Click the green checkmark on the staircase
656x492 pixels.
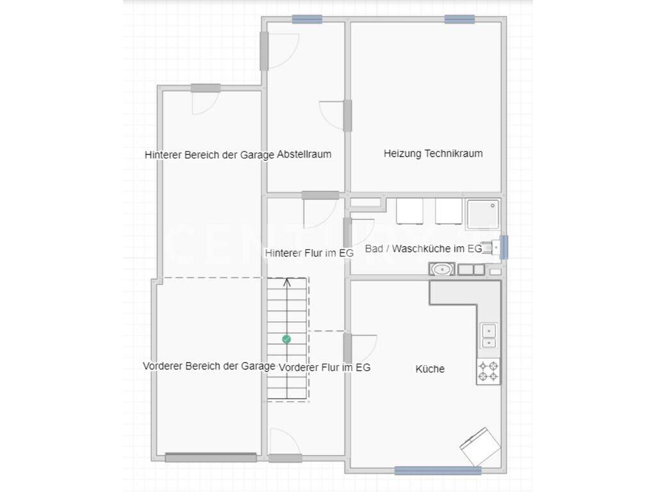[286, 340]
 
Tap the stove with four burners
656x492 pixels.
[488, 371]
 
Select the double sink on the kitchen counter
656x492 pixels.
[489, 336]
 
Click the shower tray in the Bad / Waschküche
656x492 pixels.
[483, 215]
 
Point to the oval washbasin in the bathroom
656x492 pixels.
[442, 269]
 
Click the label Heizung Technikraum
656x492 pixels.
[433, 154]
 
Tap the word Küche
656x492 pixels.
[430, 369]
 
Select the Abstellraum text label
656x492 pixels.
[304, 154]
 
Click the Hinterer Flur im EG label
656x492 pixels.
[309, 253]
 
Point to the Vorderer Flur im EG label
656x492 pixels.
[325, 368]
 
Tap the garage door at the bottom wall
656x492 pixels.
[211, 457]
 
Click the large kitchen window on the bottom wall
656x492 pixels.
[438, 471]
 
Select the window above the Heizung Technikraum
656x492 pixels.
[459, 19]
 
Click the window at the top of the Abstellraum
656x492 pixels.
[307, 19]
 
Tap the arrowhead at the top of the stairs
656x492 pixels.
[287, 282]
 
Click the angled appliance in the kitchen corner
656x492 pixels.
[480, 447]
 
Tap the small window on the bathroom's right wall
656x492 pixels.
[504, 247]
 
